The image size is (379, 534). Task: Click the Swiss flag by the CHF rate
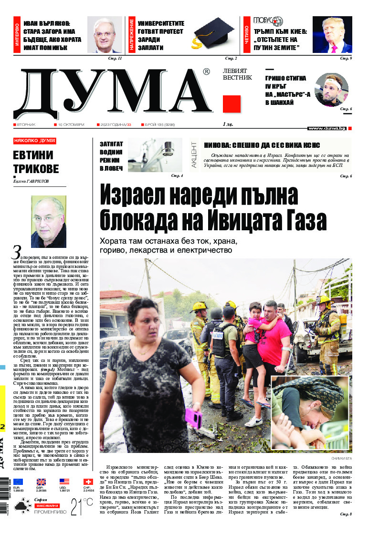(x=88, y=482)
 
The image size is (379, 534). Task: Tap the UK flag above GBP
(x=42, y=482)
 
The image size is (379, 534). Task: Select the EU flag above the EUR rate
(x=18, y=482)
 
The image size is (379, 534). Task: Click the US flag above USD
(x=64, y=482)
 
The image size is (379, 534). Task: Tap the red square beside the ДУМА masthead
(x=232, y=104)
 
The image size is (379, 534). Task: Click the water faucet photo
(x=155, y=154)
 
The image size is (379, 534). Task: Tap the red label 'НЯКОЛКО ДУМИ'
(x=34, y=141)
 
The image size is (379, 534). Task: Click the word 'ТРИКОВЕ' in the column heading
(x=36, y=169)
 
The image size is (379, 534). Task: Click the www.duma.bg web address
(x=326, y=128)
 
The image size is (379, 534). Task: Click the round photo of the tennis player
(x=331, y=90)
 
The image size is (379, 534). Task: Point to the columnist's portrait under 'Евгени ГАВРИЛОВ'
(x=49, y=218)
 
